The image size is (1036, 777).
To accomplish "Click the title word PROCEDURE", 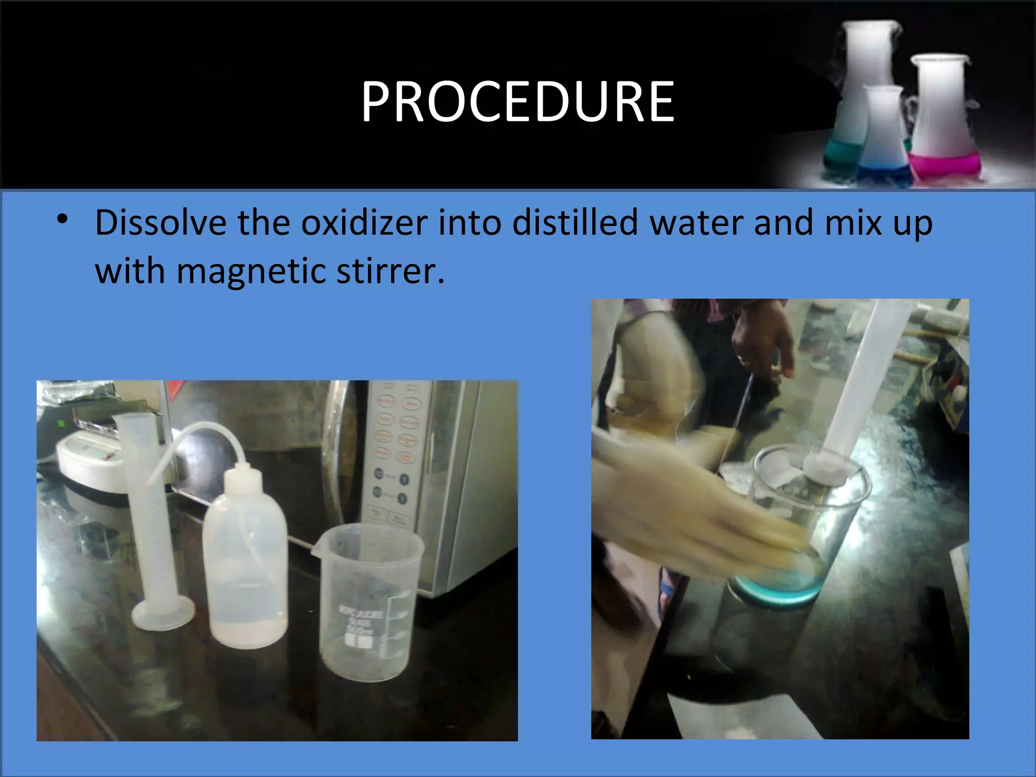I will pos(517,102).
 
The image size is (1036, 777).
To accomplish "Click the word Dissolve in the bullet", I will pos(161,223).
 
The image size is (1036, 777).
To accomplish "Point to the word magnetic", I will pos(251,272).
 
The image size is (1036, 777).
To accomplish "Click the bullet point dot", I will pos(62,220).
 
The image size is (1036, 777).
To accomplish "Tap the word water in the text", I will pos(696,223).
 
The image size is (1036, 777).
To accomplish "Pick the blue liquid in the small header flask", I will pos(883,172).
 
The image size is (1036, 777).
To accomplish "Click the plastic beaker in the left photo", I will pos(368,602).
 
